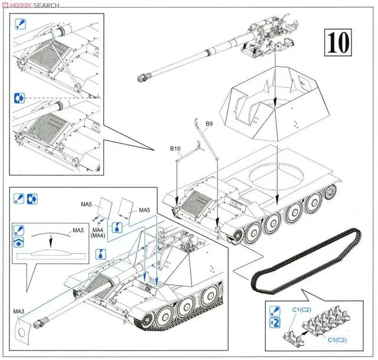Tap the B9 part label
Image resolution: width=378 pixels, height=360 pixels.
click(208, 124)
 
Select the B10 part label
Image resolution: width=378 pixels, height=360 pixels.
click(175, 150)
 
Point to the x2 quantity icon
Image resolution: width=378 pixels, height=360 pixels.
click(274, 322)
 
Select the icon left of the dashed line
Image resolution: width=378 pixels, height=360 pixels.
click(19, 98)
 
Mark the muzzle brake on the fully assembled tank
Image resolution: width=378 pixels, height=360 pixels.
click(40, 322)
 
